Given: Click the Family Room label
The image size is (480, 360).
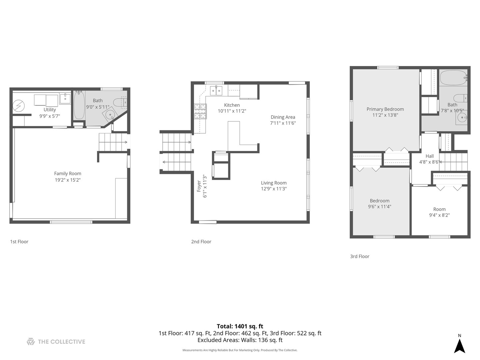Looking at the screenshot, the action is coord(68,174).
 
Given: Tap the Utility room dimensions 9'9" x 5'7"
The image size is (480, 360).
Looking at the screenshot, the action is coord(50,116).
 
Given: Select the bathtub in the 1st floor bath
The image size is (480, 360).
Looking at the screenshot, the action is coord(79,105).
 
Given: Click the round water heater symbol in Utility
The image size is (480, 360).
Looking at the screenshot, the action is coord(18,106).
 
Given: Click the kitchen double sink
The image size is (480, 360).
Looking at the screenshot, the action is coord(216,91).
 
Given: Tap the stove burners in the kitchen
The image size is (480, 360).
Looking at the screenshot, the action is coord(200,111).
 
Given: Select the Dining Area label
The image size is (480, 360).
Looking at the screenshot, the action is coord(283,117).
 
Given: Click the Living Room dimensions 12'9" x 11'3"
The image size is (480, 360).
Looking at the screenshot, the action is coord(274,189).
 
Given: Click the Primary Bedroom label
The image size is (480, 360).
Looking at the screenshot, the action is coord(385,109).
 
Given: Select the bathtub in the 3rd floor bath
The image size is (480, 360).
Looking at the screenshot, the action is coord(453,78).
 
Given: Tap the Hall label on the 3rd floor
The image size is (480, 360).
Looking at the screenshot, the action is coord(429,156).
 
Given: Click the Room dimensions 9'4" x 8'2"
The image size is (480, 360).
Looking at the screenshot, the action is coord(439,215).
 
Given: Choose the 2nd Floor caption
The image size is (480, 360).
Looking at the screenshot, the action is coord(201,242).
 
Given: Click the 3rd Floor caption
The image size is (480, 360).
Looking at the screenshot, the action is coord(360,256).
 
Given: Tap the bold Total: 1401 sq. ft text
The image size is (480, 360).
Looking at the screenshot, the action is coord(240,326).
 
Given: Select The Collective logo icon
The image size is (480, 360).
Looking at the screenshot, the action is coord(31,342).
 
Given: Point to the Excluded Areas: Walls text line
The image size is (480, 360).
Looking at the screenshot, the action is coord(240,340).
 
